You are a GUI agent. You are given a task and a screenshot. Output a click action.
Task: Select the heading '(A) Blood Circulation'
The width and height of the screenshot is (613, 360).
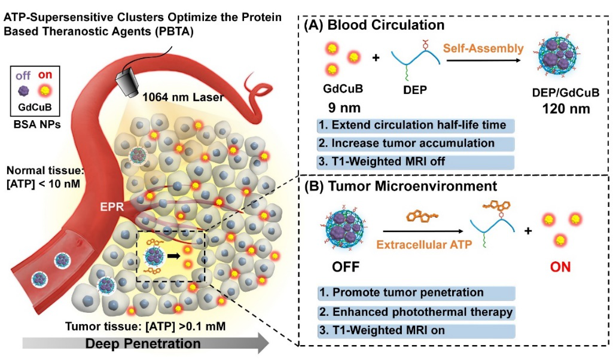pos(374,26)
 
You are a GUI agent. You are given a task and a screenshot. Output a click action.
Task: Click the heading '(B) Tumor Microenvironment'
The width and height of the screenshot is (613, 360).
pos(406,187)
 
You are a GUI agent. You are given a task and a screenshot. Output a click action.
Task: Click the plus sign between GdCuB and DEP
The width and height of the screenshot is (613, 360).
pos(376,59)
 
